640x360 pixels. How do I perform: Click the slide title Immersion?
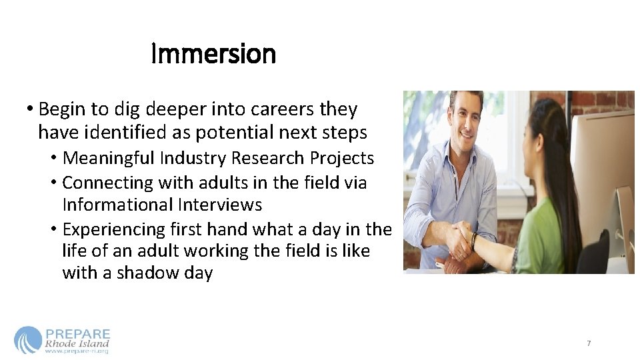coord(213,54)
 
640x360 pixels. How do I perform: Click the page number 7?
coord(589,343)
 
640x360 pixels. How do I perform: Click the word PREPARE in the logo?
coord(77,334)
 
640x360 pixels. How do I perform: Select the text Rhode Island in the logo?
coord(77,344)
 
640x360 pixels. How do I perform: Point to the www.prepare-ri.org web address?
coord(77,351)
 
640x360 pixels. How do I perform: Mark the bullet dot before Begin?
coord(31,110)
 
